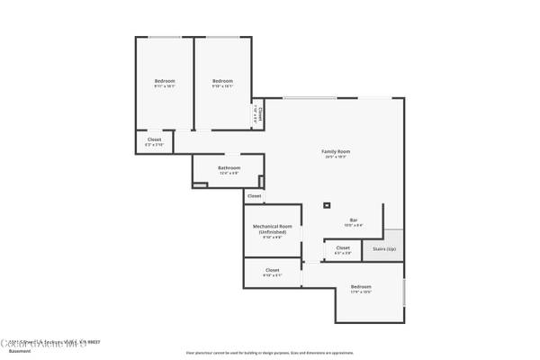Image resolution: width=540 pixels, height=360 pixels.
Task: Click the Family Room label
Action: (x=336, y=151)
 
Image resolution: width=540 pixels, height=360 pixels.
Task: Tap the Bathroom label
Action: (x=229, y=167)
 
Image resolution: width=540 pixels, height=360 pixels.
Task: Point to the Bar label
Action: (x=354, y=220)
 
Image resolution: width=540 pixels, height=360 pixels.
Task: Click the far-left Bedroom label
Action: (x=164, y=82)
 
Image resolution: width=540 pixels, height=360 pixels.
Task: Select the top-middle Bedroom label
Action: (x=222, y=82)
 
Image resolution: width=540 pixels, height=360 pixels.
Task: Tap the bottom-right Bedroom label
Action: (x=360, y=288)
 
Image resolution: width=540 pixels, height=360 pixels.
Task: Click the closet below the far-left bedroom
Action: (x=155, y=141)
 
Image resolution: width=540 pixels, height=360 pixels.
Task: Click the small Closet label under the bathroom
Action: (x=255, y=195)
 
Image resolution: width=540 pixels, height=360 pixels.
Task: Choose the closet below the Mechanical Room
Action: (x=272, y=271)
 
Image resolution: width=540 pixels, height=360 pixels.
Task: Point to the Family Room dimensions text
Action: (x=336, y=157)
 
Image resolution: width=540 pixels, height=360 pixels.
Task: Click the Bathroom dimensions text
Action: (x=229, y=173)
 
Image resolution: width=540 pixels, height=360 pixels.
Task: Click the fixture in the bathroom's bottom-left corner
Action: (x=198, y=185)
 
